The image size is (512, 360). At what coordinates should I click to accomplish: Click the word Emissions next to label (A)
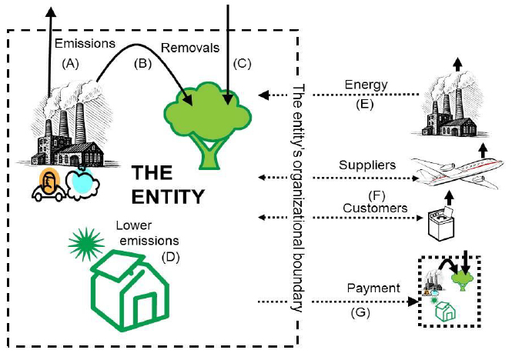click(x=85, y=44)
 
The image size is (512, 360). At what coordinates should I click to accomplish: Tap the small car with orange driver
click(x=49, y=185)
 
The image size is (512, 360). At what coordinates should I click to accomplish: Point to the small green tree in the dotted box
click(x=463, y=280)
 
